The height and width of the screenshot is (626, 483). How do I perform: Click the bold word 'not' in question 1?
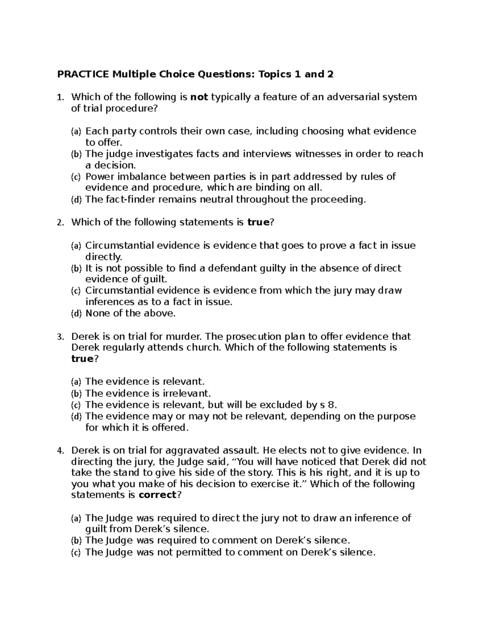coord(198,97)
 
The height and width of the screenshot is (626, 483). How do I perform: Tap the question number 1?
coord(60,98)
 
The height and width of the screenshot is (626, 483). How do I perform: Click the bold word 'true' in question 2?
coord(258,223)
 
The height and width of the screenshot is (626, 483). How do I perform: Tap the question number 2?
coord(60,223)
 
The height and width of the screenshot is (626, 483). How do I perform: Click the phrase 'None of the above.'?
coord(131,314)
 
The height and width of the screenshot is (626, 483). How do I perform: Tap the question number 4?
coord(60,451)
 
